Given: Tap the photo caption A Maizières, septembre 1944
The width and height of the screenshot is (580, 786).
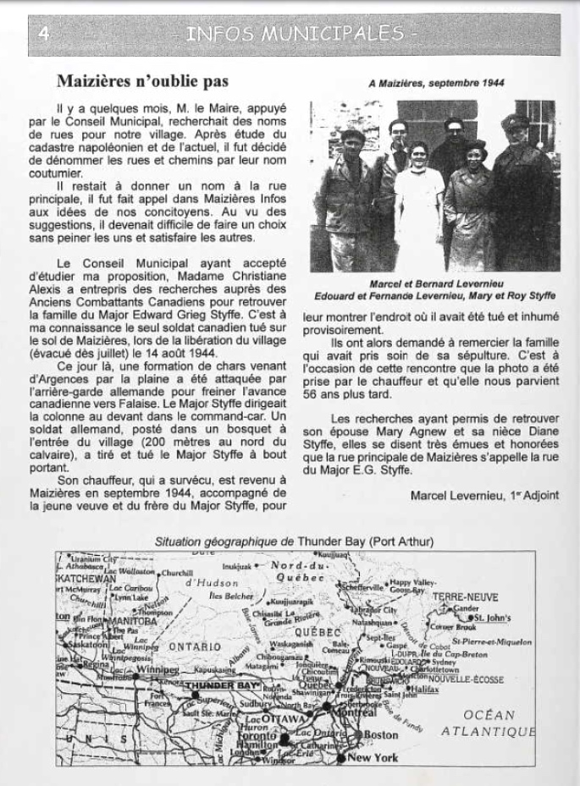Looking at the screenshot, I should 437,85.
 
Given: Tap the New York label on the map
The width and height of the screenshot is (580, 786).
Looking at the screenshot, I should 373,758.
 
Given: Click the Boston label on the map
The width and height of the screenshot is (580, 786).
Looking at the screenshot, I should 381,734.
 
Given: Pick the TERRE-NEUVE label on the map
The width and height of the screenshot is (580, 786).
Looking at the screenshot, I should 466,596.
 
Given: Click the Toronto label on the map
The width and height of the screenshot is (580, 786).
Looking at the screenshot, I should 259,737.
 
